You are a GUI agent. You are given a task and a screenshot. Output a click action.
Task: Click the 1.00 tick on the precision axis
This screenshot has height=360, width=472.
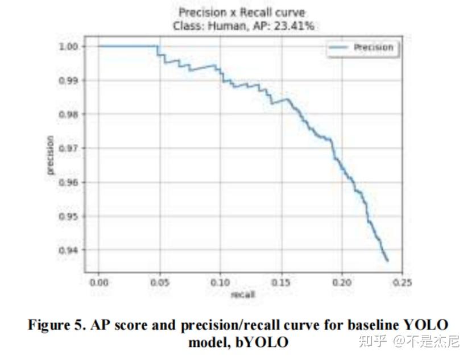point(69,46)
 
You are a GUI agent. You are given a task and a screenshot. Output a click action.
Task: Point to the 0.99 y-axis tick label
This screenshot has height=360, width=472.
point(69,80)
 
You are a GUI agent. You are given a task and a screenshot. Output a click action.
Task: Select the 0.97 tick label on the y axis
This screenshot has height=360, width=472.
point(69,148)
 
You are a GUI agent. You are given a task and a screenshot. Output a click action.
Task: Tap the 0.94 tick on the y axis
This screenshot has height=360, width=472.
point(69,250)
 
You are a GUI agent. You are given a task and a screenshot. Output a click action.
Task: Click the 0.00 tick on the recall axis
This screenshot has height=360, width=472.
point(98,282)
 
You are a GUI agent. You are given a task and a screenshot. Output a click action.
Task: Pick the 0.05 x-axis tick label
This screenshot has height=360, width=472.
point(160,282)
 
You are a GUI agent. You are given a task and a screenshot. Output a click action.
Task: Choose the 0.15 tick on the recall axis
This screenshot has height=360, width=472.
point(281,282)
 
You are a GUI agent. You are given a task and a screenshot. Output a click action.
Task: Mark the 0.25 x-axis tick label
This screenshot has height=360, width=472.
point(402,282)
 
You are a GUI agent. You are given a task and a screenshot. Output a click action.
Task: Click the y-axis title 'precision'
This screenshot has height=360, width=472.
point(50,155)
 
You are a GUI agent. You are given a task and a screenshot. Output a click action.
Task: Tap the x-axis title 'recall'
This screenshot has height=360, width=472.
point(243,294)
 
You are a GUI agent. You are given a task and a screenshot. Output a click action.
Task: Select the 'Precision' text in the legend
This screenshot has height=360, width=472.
point(373,48)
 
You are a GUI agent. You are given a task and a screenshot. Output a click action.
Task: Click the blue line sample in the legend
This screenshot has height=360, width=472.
point(338,48)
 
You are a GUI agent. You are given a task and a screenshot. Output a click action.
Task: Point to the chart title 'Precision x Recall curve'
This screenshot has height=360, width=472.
point(242,12)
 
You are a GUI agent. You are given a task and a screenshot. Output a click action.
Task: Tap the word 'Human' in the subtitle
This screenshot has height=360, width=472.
point(227,26)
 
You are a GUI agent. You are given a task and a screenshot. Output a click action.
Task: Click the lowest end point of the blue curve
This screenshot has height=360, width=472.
point(388,261)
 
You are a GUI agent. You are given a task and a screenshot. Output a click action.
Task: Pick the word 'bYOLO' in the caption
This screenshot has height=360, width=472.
point(263,342)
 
